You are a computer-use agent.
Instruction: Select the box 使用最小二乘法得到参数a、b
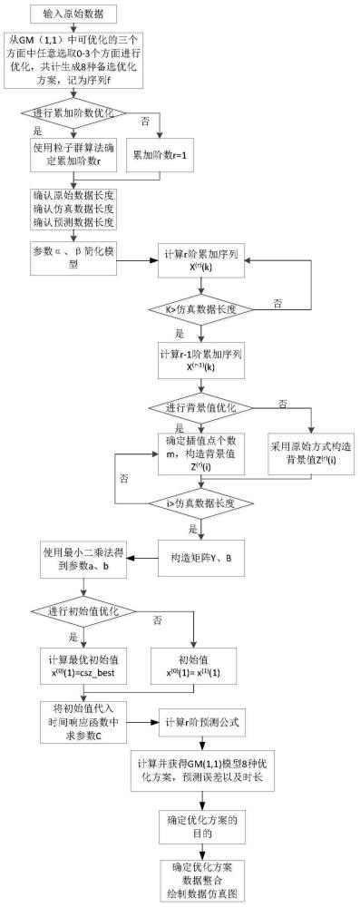pyautogui.click(x=82, y=559)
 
